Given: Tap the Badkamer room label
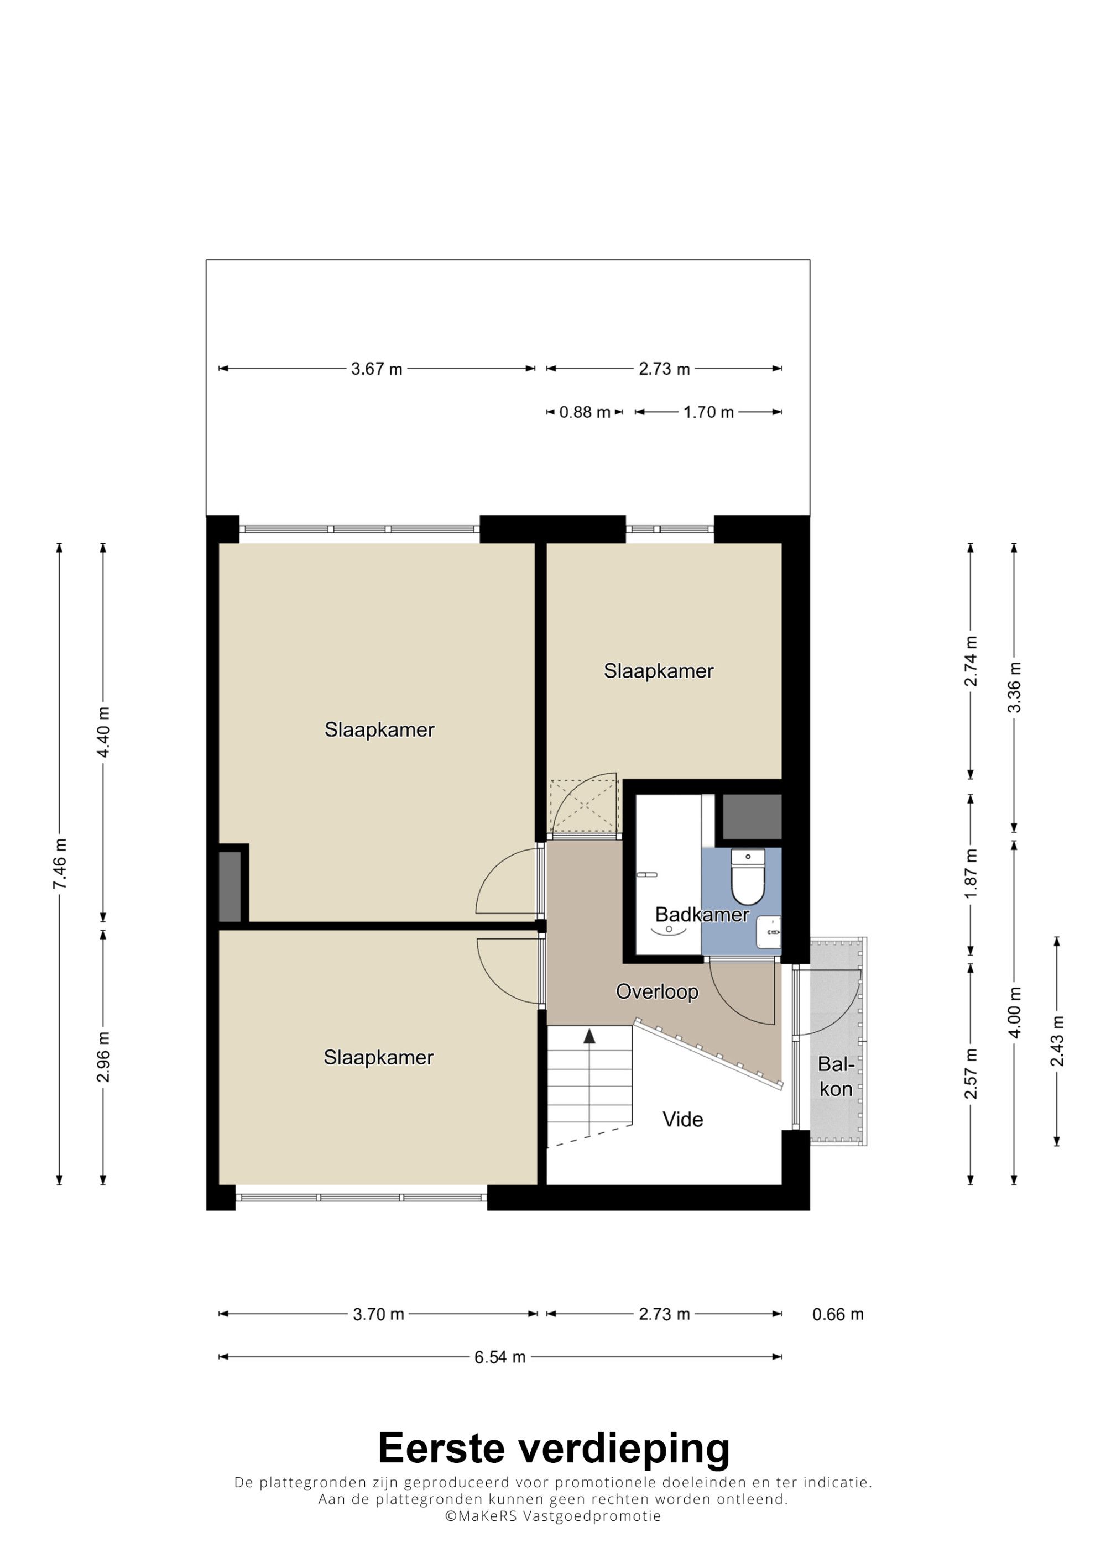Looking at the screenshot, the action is [x=702, y=915].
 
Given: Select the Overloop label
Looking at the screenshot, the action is [x=657, y=992].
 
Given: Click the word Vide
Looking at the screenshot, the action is [x=683, y=1119].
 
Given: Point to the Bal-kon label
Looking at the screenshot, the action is [x=836, y=1076].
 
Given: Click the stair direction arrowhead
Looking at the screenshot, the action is [x=589, y=1036].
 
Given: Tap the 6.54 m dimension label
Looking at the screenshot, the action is [x=500, y=1371].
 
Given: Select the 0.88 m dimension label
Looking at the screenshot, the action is [x=585, y=412].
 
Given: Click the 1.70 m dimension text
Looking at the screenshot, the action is [x=709, y=412].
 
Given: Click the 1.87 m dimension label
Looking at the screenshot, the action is [x=971, y=873].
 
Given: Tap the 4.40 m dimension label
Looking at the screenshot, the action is [x=103, y=732].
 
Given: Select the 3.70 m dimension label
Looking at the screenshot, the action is [x=378, y=1314].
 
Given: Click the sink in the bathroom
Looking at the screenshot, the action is [x=769, y=932].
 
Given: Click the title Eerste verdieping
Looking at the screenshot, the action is [x=554, y=1448].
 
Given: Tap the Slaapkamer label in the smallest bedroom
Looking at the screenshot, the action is [x=658, y=671].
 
